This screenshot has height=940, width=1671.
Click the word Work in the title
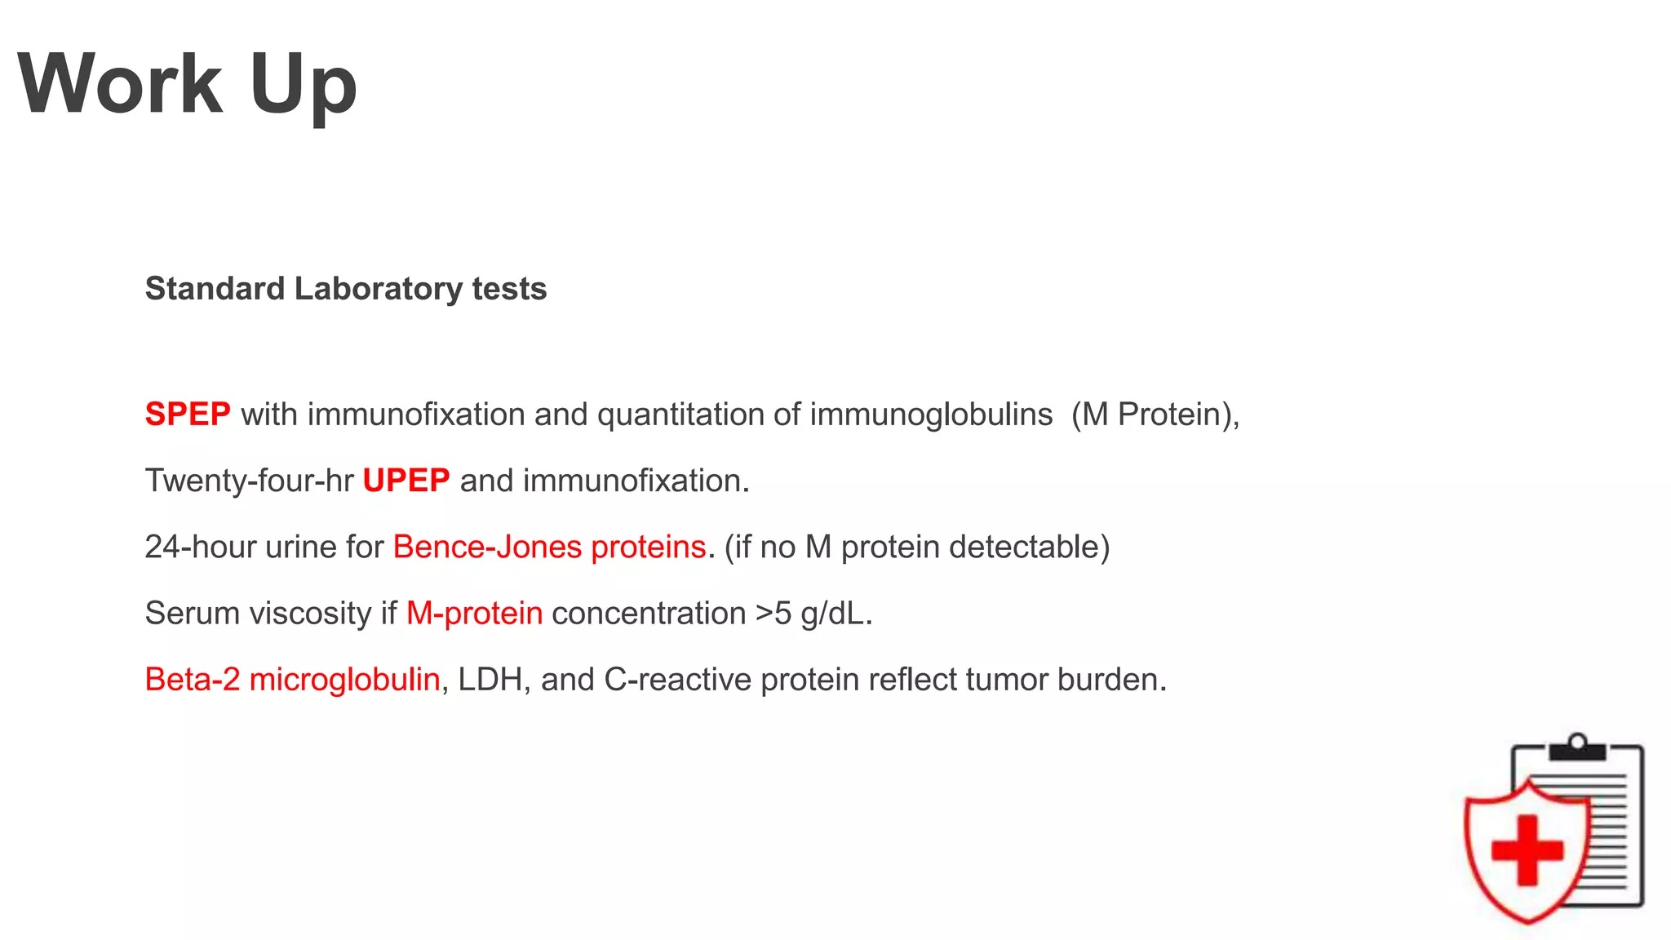(x=120, y=84)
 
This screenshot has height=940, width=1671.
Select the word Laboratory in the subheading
(x=378, y=289)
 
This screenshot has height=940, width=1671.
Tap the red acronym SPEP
(x=188, y=415)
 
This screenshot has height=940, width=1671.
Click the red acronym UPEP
(x=406, y=481)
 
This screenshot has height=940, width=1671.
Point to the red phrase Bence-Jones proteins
(x=549, y=547)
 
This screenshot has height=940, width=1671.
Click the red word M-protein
(x=474, y=613)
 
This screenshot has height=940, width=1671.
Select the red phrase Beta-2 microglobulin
(x=292, y=679)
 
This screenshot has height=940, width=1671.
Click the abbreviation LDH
(x=490, y=679)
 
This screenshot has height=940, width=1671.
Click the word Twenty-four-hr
(x=249, y=481)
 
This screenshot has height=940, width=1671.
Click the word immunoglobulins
(x=931, y=415)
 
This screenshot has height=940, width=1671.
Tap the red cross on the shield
(x=1527, y=849)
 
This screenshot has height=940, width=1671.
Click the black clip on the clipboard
(x=1577, y=748)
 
